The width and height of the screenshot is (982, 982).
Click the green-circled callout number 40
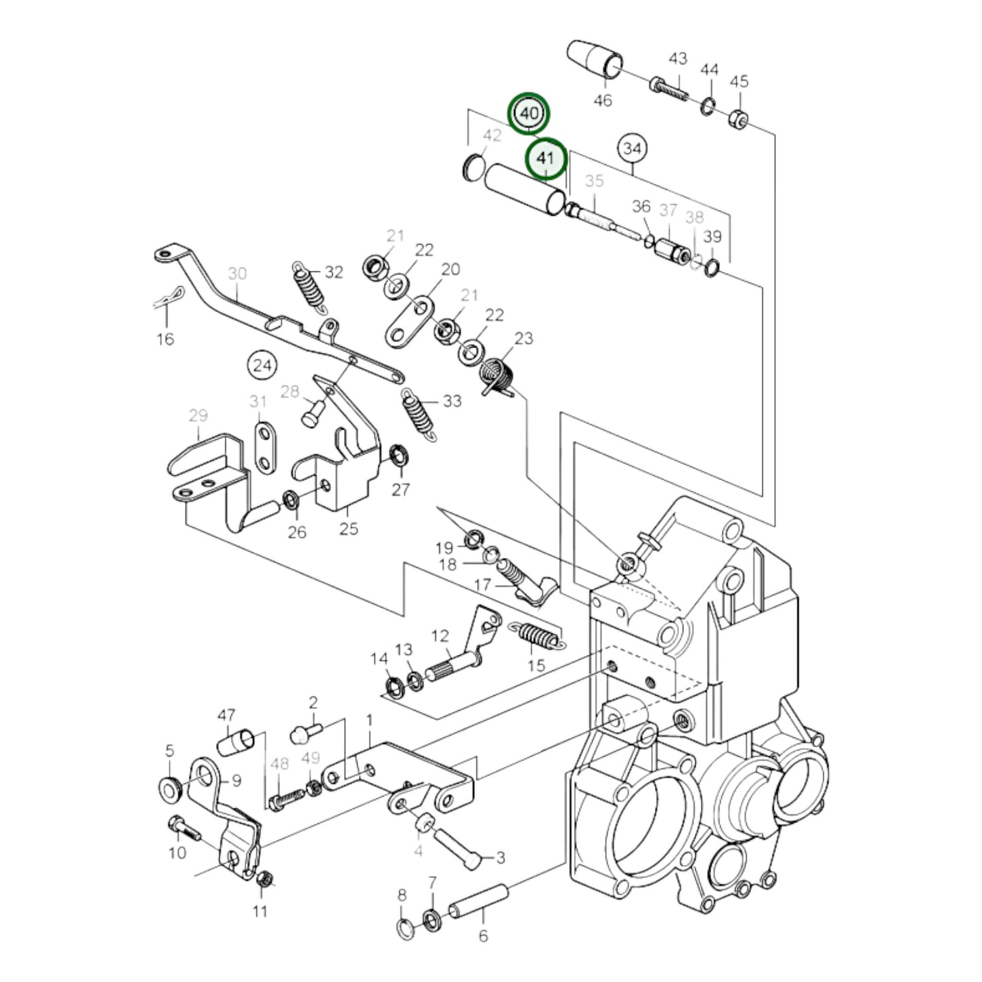coord(530,113)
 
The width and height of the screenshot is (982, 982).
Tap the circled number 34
coord(632,148)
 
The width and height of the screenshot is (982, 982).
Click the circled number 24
coord(262,366)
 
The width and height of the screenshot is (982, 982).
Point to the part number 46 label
coord(602,101)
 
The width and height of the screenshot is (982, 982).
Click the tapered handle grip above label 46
coord(595,58)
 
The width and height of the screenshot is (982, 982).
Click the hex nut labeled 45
coord(739,120)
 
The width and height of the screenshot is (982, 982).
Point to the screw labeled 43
coord(669,88)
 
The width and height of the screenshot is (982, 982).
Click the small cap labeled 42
coord(471,167)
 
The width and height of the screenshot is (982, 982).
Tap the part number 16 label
coord(165,338)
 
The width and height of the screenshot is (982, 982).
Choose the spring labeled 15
coord(538,636)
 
